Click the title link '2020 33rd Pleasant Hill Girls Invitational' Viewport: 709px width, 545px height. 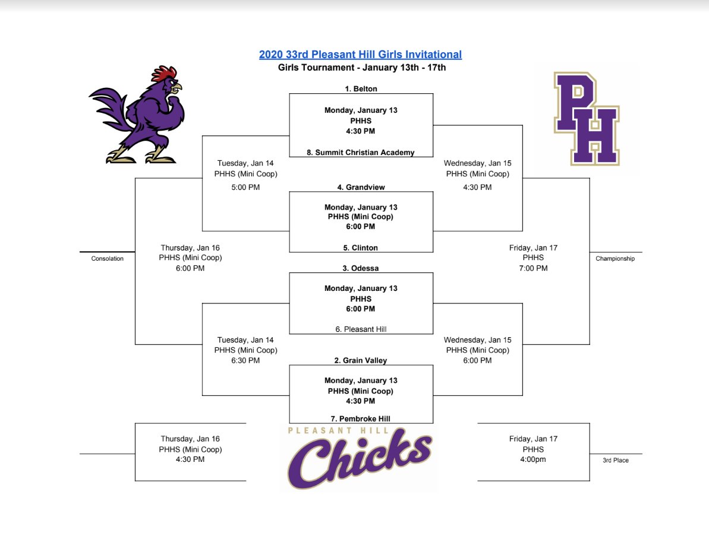[x=360, y=55]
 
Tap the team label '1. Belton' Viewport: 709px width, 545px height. [x=361, y=89]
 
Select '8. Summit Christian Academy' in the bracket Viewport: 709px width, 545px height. [x=361, y=153]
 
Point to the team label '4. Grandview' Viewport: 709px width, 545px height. [x=361, y=188]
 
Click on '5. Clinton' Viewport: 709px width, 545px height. [x=361, y=248]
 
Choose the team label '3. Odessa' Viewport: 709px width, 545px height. [x=361, y=268]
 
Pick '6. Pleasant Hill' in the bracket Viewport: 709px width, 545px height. [x=361, y=329]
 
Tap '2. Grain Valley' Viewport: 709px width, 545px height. [x=361, y=360]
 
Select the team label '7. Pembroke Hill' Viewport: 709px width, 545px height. [x=361, y=419]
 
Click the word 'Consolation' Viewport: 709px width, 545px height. [x=108, y=259]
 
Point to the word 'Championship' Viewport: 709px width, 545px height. [x=615, y=259]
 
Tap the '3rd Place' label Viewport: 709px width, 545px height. [x=615, y=460]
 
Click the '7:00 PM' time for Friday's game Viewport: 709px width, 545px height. [x=533, y=268]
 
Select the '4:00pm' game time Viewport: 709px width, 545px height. [x=533, y=460]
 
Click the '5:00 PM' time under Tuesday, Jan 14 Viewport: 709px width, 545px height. [x=245, y=188]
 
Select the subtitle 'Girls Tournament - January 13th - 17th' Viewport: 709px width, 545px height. [x=362, y=68]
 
